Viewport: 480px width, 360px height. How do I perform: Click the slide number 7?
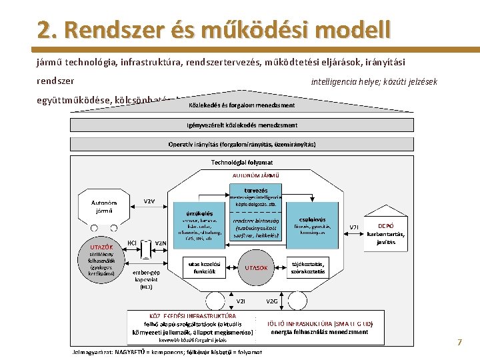(x=459, y=342)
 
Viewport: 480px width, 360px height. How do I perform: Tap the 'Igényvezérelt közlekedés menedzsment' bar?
(x=242, y=125)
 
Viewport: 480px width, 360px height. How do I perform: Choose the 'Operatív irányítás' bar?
(x=242, y=144)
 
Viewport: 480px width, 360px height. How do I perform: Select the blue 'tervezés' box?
(x=256, y=191)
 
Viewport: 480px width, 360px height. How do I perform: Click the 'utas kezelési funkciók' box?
(x=204, y=267)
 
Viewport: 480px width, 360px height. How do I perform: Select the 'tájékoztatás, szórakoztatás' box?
(x=308, y=267)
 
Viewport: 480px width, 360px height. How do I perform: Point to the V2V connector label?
(x=150, y=201)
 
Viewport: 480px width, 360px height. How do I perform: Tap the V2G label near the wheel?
(x=272, y=301)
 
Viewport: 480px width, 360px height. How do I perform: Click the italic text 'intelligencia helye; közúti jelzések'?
(x=374, y=81)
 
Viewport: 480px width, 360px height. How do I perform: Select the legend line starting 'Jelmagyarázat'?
(x=166, y=352)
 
